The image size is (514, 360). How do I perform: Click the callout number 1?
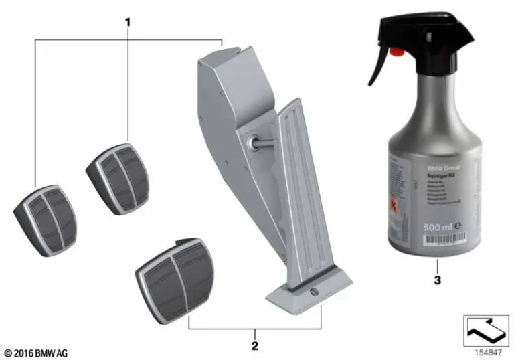click(127, 23)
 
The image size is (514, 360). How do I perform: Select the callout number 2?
click(254, 346)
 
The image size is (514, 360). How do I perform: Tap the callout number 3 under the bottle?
click(437, 280)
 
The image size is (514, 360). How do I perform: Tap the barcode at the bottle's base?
click(436, 253)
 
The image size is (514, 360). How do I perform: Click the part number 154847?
click(487, 351)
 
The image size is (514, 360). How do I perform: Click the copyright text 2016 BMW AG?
click(36, 352)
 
